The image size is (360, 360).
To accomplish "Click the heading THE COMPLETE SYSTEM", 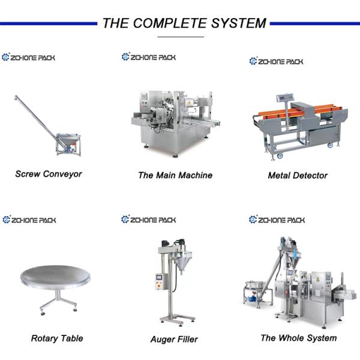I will tap(184, 23).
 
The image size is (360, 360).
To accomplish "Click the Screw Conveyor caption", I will tap(48, 174).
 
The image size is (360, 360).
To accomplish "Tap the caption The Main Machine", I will tap(175, 175).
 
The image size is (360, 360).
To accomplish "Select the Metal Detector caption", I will tap(298, 175).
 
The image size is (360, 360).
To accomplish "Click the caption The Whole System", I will tap(298, 338).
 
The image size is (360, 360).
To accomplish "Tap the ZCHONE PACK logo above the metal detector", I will tap(277, 61).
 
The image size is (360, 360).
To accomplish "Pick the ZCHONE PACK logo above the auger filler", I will tap(148, 220).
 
